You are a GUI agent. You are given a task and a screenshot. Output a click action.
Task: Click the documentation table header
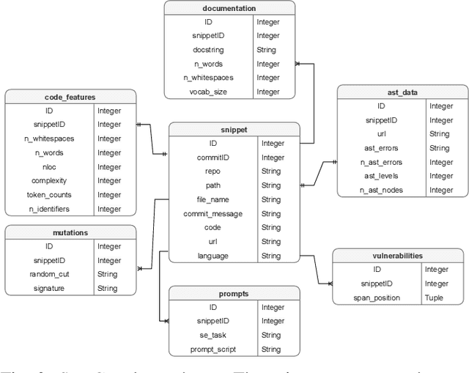point(229,9)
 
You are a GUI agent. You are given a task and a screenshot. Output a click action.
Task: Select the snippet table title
point(234,130)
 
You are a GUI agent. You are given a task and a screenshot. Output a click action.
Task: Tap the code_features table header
point(70,97)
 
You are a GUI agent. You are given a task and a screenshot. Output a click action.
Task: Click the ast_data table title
point(401,92)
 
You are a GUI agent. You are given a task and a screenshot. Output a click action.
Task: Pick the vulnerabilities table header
point(397,256)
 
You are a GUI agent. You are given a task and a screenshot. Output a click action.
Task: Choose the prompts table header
point(234,294)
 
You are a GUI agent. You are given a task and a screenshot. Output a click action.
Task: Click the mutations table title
point(70,232)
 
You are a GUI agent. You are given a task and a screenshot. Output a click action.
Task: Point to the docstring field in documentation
point(208,50)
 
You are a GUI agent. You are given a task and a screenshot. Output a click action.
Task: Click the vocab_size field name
point(208,92)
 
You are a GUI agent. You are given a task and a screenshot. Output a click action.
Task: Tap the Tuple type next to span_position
point(433,298)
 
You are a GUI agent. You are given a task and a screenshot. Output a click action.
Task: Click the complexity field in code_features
point(50,181)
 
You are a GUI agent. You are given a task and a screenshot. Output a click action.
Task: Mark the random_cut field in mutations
point(50,275)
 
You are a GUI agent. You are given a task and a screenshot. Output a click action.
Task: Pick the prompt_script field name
point(213,350)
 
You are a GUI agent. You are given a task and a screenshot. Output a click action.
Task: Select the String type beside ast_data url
point(440,134)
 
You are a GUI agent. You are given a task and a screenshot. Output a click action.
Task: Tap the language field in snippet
point(213,256)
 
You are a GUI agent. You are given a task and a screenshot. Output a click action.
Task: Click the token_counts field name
point(50,195)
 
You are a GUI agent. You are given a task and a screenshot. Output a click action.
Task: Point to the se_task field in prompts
point(213,336)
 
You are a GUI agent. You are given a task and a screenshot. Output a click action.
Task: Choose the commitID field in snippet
point(213,158)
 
